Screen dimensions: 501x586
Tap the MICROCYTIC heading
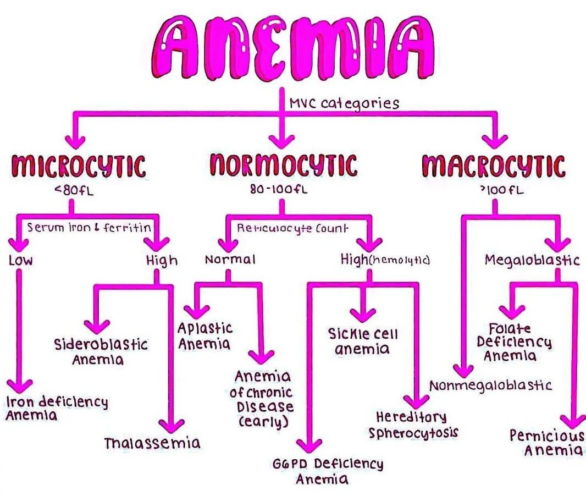79,166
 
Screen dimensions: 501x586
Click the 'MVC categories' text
344,103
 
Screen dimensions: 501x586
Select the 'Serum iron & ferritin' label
89,227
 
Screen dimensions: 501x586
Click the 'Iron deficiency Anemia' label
57,408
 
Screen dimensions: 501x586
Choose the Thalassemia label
152,443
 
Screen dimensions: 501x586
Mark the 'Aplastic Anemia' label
204,336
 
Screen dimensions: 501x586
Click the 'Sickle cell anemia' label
363,341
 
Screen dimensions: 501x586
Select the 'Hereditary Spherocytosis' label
413,425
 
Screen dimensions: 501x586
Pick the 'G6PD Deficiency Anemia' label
328,471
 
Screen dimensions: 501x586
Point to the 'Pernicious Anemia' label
546,443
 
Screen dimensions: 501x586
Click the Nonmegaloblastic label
490,385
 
